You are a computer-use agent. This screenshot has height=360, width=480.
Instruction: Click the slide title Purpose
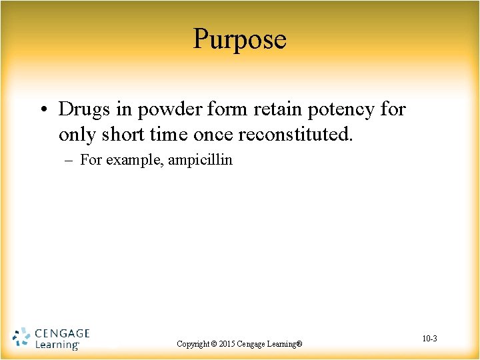point(240,39)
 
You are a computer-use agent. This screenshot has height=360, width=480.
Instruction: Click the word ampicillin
point(201,160)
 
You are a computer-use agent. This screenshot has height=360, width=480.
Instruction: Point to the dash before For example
point(69,160)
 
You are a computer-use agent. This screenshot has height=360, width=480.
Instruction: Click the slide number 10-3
point(430,339)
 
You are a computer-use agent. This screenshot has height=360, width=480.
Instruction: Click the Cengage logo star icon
point(21,338)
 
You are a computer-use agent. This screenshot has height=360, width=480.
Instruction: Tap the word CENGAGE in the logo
point(61,333)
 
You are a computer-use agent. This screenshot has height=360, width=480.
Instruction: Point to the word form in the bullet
point(211,109)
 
